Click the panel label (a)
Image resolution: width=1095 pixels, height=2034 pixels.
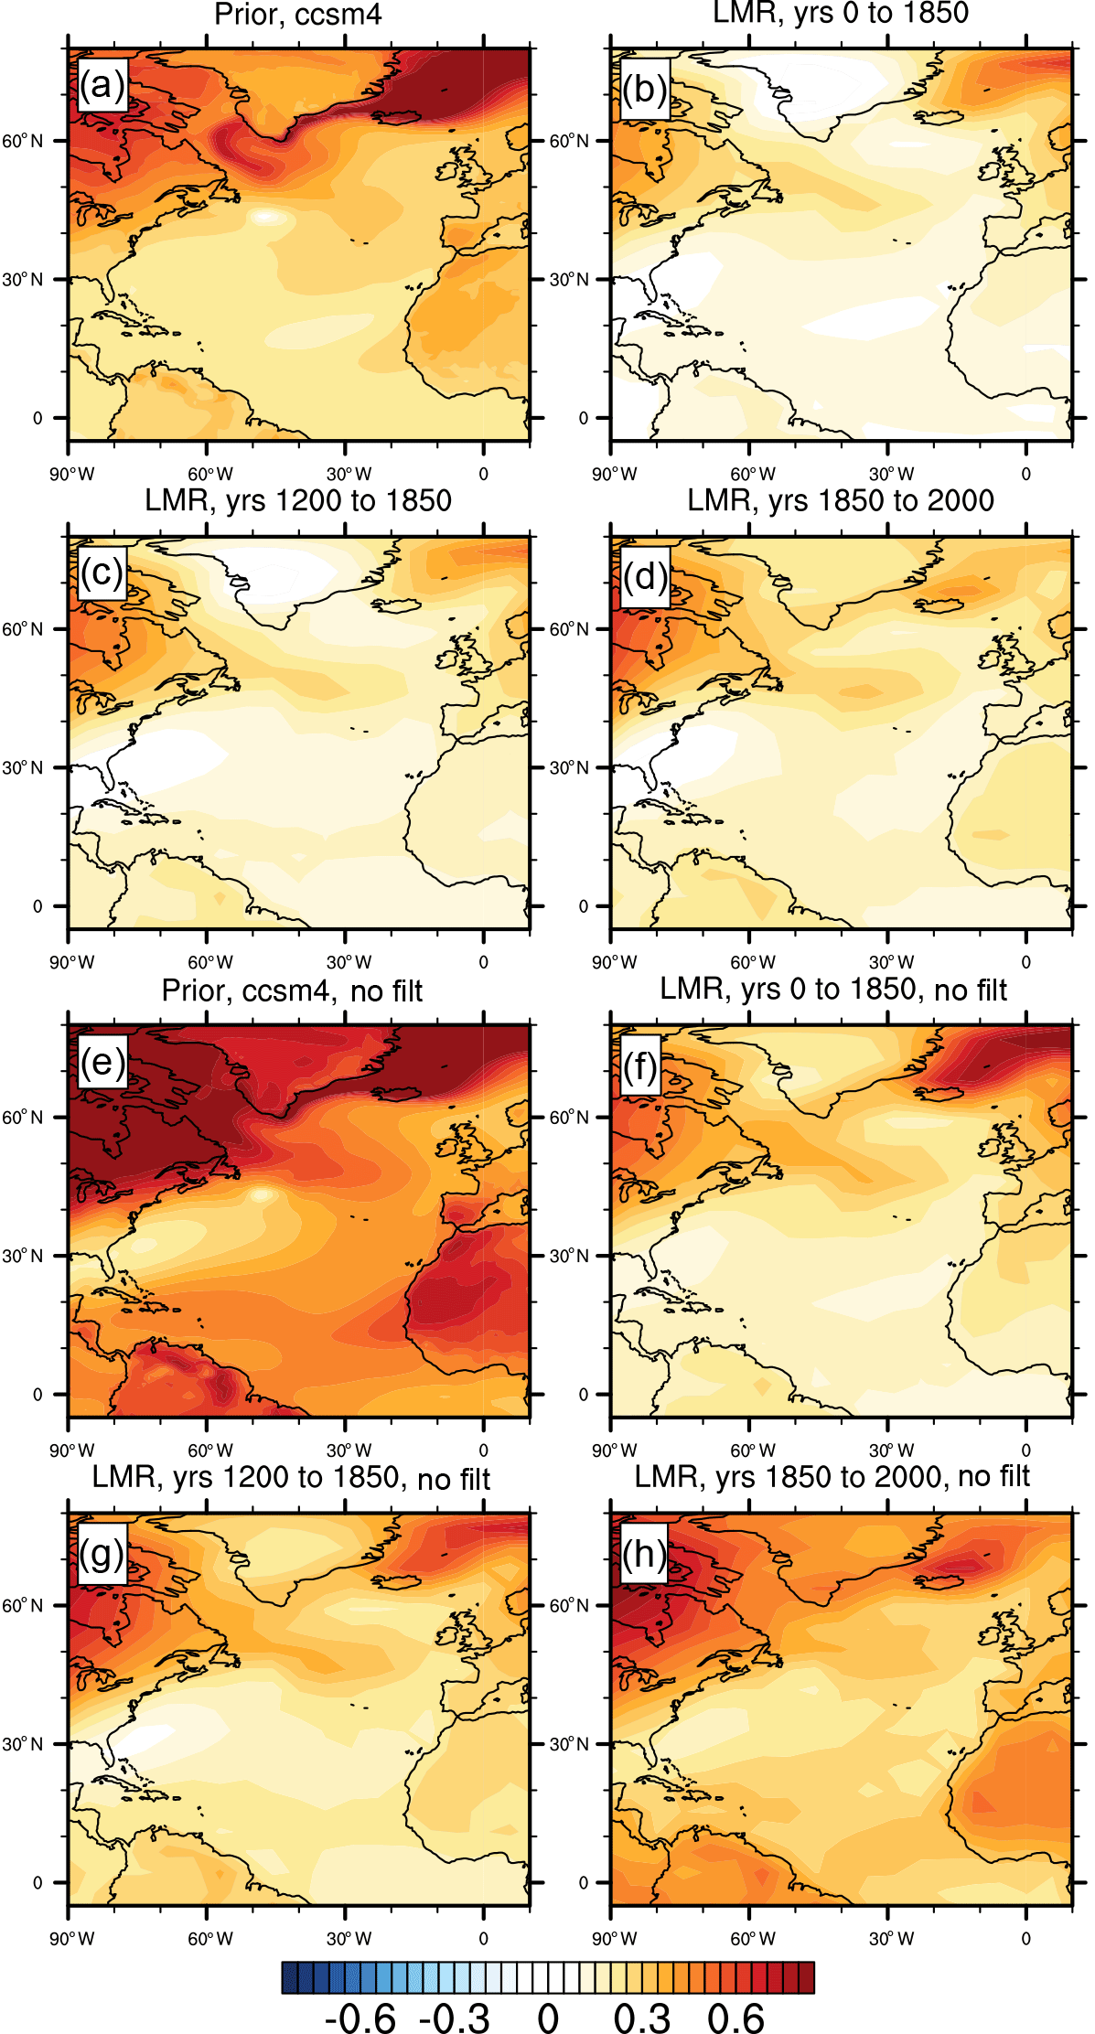(x=102, y=86)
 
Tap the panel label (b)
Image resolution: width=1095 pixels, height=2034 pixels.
(x=645, y=89)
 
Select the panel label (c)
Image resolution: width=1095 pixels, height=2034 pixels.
(x=102, y=573)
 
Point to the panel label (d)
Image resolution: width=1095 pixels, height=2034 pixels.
(x=645, y=577)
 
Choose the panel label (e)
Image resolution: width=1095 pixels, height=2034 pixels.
(x=102, y=1062)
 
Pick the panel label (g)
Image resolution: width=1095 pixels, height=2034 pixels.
(x=102, y=1552)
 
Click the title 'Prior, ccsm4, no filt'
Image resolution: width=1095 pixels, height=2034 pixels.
(x=292, y=990)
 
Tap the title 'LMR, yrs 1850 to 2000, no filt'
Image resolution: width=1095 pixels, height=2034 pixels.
(x=832, y=1476)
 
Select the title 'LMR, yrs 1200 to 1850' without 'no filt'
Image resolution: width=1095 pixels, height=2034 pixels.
(x=298, y=501)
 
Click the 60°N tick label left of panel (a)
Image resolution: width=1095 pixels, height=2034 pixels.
(x=22, y=141)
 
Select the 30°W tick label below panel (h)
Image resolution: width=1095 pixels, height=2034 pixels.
(x=891, y=1939)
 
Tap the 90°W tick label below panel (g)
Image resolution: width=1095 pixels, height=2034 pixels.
(x=71, y=1939)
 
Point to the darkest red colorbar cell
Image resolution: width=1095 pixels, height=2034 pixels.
(x=806, y=1977)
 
